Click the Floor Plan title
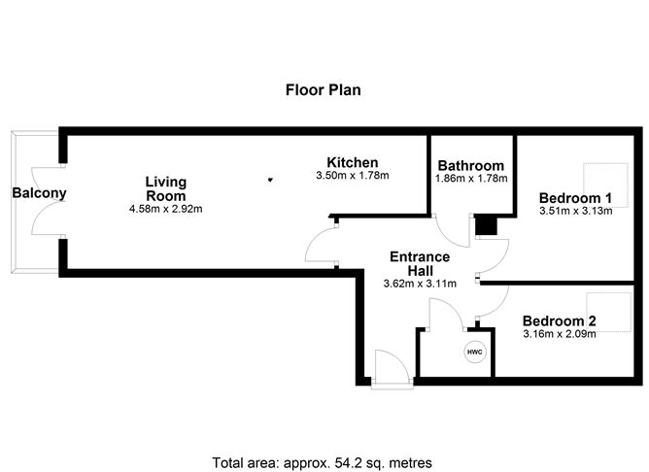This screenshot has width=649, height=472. tap(324, 90)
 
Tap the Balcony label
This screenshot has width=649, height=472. tap(39, 193)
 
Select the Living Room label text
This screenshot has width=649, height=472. tap(165, 188)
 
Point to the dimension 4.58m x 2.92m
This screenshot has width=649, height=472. tap(165, 209)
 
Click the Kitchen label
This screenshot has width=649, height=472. tap(352, 162)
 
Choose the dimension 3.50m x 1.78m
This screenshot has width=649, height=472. tap(352, 176)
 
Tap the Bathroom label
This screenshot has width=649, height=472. tap(471, 166)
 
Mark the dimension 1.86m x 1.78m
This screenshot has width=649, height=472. tap(471, 180)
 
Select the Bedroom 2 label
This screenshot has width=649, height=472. tap(559, 321)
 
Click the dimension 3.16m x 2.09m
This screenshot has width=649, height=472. tap(559, 335)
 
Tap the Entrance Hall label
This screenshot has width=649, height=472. tap(420, 263)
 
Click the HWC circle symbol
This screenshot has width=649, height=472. tap(475, 352)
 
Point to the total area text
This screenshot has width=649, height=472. tap(323, 462)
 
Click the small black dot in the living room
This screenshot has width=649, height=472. tap(270, 179)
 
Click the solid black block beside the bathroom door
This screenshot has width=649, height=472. tap(487, 226)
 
